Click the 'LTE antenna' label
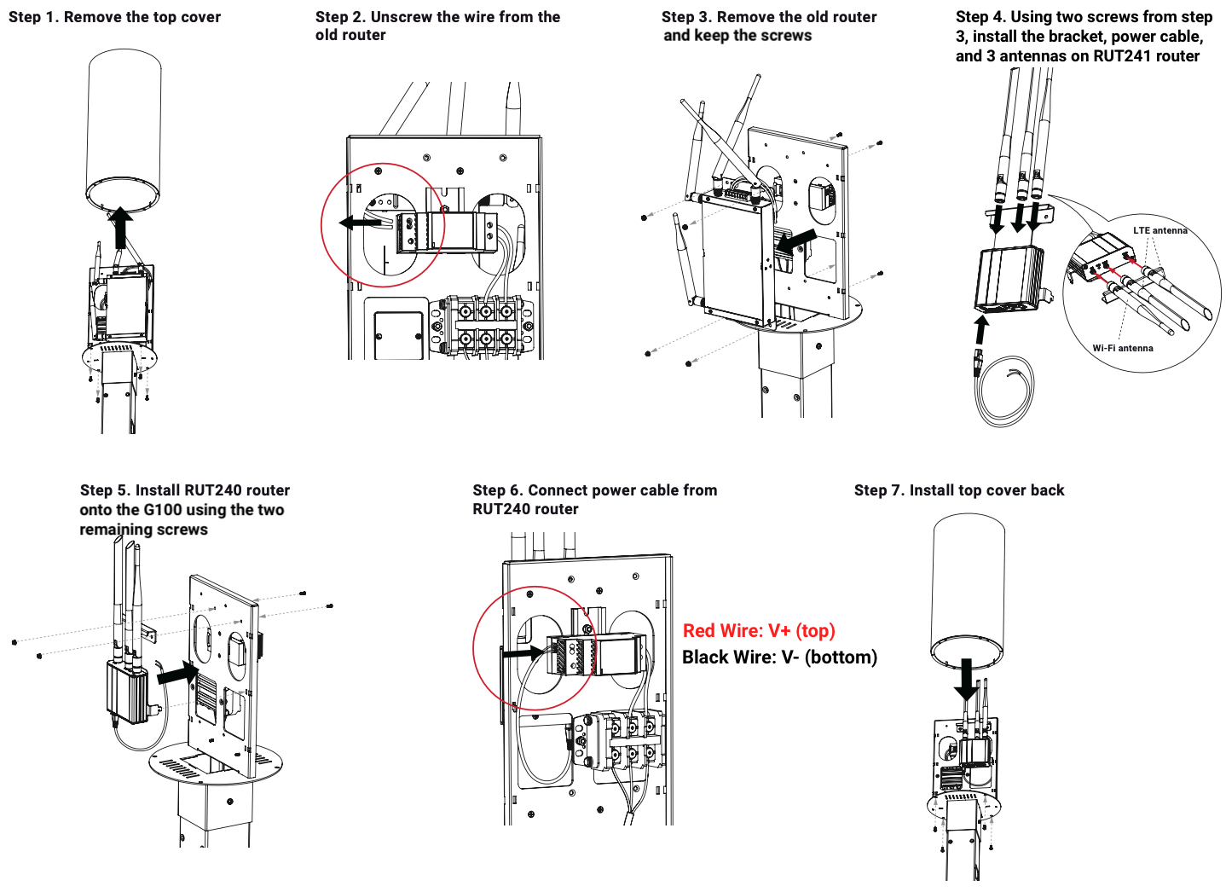click(1159, 230)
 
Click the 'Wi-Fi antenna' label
click(1123, 348)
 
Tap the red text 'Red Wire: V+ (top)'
click(759, 631)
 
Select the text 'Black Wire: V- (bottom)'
click(779, 657)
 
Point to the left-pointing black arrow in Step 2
click(360, 223)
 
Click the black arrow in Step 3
click(796, 241)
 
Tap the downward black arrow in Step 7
click(967, 680)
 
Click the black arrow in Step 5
click(178, 673)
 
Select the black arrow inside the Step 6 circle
click(523, 653)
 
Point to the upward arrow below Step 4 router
click(981, 331)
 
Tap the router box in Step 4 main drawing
click(1008, 279)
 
